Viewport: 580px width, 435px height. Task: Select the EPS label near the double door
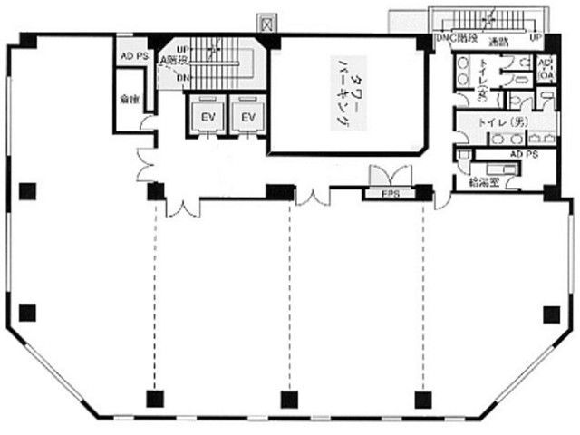[x=390, y=193]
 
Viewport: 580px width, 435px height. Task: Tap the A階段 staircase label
[x=174, y=61]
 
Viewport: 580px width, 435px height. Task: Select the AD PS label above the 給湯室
[x=524, y=155]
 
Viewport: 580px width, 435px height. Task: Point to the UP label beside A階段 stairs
[x=183, y=48]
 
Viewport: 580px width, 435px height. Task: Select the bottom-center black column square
[x=288, y=398]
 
